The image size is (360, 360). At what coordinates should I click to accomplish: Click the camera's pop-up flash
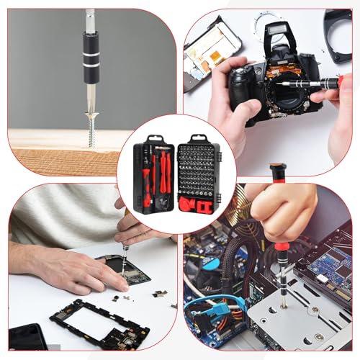click(273, 33)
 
